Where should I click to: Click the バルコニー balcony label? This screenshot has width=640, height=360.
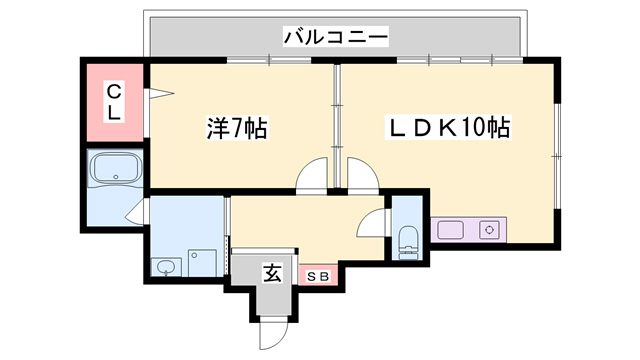pyautogui.click(x=335, y=37)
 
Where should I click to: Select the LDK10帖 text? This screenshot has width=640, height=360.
pyautogui.click(x=449, y=128)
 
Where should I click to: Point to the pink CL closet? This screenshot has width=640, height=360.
pyautogui.click(x=114, y=102)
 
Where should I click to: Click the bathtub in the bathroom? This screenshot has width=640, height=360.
pyautogui.click(x=116, y=170)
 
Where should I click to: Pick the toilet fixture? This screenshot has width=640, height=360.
pyautogui.click(x=409, y=241)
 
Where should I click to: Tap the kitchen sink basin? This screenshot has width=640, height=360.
pyautogui.click(x=451, y=229)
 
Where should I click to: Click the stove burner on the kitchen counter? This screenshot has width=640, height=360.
pyautogui.click(x=491, y=229)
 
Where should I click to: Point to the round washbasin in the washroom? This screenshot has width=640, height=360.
pyautogui.click(x=165, y=267)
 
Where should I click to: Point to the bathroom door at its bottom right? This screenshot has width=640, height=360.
pyautogui.click(x=135, y=211)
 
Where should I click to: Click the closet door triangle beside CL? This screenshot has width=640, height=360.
pyautogui.click(x=161, y=95)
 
